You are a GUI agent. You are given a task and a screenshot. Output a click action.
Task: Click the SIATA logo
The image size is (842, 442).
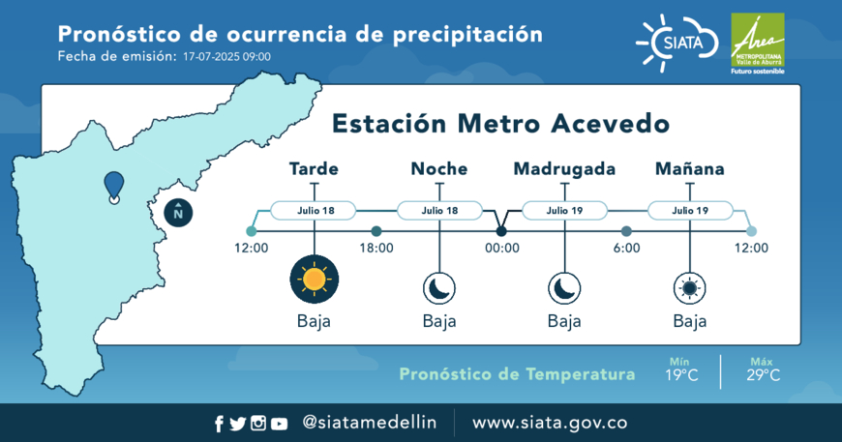(677, 43)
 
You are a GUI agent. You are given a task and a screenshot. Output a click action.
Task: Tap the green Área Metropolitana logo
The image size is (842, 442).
(757, 44)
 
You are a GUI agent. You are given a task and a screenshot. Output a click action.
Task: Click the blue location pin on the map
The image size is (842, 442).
(114, 188)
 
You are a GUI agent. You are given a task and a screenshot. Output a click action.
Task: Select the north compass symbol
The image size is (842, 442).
(178, 213)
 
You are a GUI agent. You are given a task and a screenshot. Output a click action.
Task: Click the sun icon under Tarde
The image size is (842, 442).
(315, 279)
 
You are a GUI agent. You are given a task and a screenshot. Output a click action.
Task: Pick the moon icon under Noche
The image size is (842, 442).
(439, 288)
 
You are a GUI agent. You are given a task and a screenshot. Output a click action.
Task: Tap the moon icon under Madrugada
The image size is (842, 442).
(564, 288)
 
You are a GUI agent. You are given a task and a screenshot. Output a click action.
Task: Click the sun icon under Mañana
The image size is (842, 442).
(690, 288)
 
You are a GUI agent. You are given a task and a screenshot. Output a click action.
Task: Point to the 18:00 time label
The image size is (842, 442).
(376, 248)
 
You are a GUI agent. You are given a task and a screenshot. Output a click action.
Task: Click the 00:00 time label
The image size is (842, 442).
(502, 248)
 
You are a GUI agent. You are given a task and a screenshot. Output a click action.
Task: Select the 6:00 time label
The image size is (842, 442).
(627, 248)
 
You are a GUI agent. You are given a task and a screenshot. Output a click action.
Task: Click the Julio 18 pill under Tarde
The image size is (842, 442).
(314, 210)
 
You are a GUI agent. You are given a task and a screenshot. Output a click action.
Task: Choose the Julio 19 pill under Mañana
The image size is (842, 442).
(691, 210)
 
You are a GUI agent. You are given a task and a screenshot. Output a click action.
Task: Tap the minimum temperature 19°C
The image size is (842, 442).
(681, 375)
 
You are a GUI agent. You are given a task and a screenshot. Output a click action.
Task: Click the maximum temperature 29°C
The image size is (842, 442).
(763, 375)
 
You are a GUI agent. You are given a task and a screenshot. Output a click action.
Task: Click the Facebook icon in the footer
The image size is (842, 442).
(219, 424)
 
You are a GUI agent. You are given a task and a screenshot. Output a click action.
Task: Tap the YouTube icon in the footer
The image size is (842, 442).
(279, 424)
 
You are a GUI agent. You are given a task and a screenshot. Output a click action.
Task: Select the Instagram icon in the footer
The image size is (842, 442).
(258, 424)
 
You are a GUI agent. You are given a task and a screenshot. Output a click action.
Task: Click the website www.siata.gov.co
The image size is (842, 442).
(550, 423)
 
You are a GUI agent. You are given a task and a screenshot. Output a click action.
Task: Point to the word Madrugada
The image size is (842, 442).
(564, 169)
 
